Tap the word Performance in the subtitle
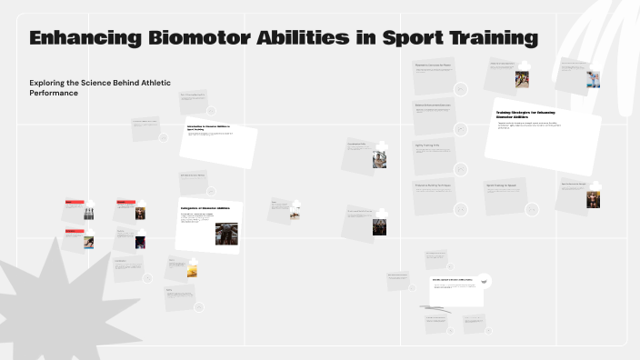click(x=54, y=93)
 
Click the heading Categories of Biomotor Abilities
click(x=205, y=208)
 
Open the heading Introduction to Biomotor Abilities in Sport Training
click(x=208, y=127)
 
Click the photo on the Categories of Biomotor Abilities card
click(x=226, y=233)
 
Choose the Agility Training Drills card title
click(x=427, y=145)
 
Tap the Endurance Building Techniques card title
click(x=433, y=185)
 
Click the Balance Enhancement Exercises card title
click(x=433, y=105)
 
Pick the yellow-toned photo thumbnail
click(x=192, y=270)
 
